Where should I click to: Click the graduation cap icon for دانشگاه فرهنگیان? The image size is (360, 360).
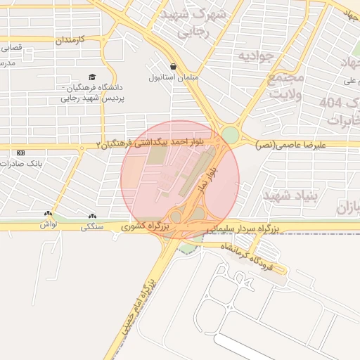click(91, 77)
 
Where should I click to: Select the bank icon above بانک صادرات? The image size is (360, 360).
click(20, 153)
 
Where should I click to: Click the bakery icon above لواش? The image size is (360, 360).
click(48, 214)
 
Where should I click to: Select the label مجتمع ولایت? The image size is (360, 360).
click(286, 84)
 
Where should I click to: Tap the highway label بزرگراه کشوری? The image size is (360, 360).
click(145, 226)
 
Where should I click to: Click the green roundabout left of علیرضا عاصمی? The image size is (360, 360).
click(230, 136)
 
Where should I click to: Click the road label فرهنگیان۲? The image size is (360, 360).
click(120, 144)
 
